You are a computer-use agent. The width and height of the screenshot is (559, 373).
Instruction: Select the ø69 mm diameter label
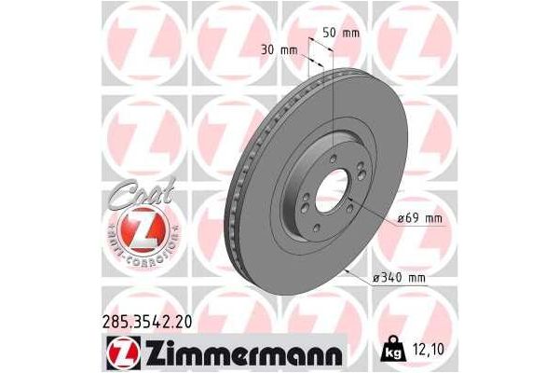[x=420, y=218]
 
